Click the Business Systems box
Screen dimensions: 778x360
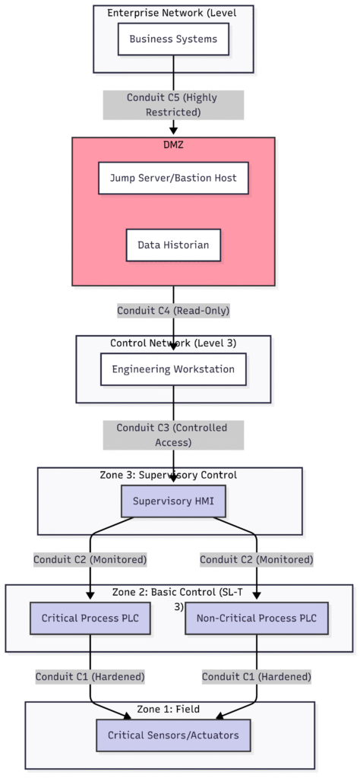(x=173, y=39)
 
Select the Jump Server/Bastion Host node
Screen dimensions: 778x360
(x=173, y=178)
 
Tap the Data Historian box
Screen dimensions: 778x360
(x=173, y=245)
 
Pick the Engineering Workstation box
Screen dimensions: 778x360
(x=173, y=369)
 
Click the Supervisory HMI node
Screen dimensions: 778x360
(x=173, y=501)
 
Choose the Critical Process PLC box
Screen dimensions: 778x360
(x=90, y=618)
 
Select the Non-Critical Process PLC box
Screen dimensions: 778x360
(x=257, y=618)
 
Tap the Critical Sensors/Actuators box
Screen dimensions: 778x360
(x=173, y=735)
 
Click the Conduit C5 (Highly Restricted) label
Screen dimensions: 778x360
(x=173, y=105)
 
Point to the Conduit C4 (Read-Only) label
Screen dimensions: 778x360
(x=173, y=310)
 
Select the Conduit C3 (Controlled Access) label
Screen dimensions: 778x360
(x=173, y=435)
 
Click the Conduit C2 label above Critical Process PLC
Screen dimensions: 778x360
(x=90, y=559)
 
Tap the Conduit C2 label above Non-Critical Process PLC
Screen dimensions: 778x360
(x=257, y=559)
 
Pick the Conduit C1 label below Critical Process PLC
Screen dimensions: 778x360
(x=90, y=676)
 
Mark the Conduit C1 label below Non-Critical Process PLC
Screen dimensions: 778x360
(x=257, y=676)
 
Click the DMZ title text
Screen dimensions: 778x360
(x=173, y=144)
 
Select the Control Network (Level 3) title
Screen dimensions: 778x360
(x=173, y=343)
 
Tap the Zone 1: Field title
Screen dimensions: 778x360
(x=169, y=709)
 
